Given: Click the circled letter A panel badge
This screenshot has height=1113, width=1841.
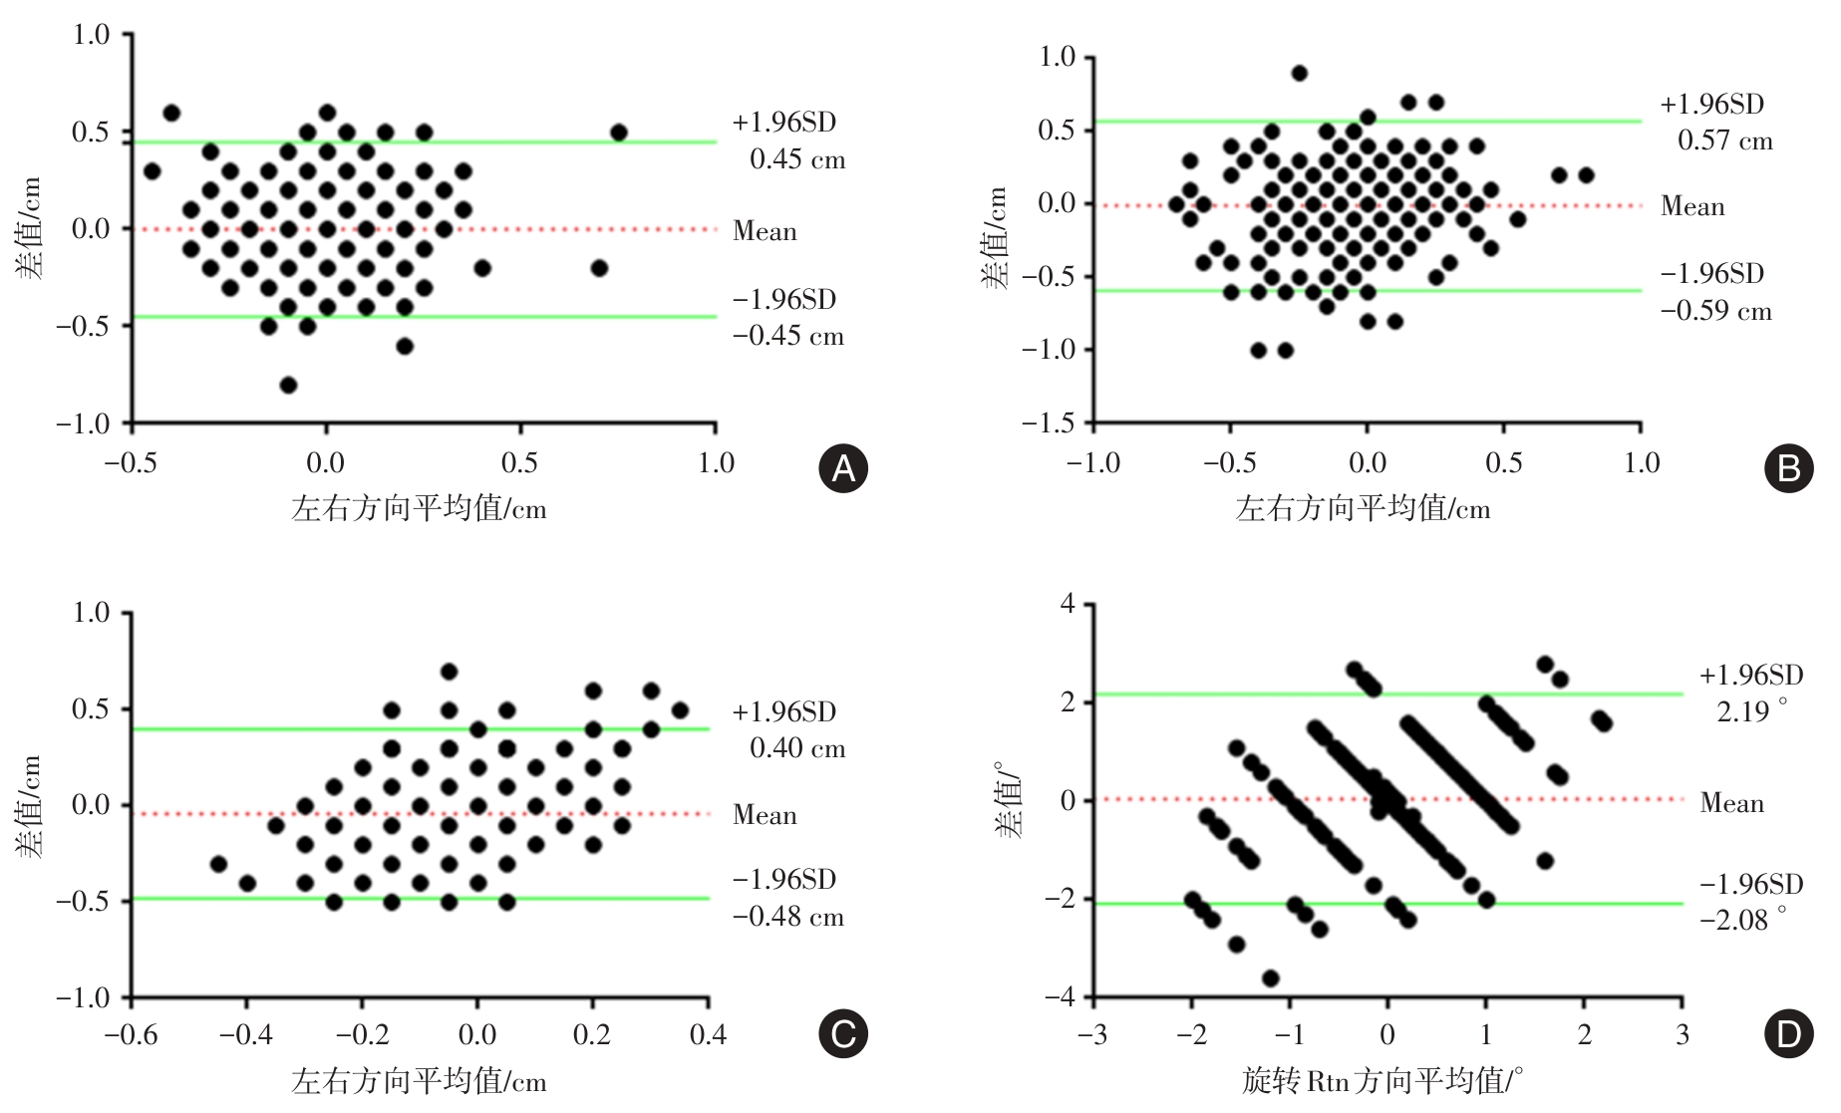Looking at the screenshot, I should point(843,468).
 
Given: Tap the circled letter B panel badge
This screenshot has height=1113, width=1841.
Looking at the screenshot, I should point(1788,468).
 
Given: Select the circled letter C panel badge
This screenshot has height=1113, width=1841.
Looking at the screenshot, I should point(843,1034).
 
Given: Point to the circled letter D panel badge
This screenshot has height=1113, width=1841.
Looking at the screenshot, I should point(1788,1034).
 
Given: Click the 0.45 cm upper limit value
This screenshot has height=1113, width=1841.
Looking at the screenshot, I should point(797,159).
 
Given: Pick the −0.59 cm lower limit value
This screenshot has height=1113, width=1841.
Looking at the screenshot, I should point(1716,311).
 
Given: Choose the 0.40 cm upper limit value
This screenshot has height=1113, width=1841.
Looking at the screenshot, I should point(797,748).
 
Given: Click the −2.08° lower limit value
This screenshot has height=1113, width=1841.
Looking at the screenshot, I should point(1743,920).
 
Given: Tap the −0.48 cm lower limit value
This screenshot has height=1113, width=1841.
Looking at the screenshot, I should point(788,917).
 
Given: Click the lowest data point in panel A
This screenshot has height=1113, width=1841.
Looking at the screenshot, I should point(288,386).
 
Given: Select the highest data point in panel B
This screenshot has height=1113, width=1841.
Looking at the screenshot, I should point(1299,73).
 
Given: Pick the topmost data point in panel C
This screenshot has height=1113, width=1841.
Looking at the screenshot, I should point(449,672).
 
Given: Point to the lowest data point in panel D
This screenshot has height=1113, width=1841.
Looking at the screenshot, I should point(1270,978).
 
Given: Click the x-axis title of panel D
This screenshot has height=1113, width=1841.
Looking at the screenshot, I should point(1382,1081).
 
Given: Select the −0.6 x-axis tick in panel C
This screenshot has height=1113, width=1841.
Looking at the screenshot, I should point(132,1035).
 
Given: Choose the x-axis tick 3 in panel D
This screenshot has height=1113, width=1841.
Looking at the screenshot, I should point(1683,1035).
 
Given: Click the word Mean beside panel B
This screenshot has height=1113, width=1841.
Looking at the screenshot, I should point(1692,207).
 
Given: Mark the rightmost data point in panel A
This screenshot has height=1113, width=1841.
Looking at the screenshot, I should point(619,133).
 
